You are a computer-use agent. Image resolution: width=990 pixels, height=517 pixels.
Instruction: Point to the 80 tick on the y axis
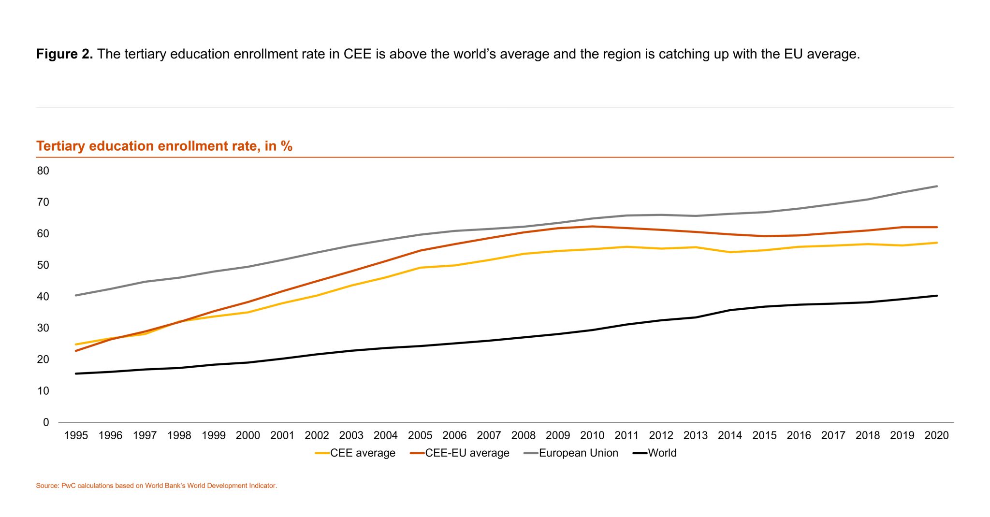(43, 171)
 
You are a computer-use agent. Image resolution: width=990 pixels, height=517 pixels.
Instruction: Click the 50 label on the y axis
(43, 265)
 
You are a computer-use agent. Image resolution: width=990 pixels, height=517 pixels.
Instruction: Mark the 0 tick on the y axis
(46, 422)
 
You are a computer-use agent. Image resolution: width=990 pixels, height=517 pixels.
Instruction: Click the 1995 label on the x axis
(76, 435)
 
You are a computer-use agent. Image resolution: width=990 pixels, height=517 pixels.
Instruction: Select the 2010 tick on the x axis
(592, 435)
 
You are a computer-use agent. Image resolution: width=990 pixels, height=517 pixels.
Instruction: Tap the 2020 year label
(936, 435)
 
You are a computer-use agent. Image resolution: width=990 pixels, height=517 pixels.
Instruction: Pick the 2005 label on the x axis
(420, 435)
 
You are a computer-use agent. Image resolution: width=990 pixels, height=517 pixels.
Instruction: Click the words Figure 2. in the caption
(64, 54)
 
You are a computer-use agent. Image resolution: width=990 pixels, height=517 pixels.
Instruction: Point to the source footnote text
(156, 486)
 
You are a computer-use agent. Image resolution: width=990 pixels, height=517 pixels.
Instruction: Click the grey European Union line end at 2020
(937, 186)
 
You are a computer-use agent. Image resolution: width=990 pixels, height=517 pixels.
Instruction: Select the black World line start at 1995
(76, 373)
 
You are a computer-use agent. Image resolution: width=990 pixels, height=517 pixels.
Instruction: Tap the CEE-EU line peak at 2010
(592, 226)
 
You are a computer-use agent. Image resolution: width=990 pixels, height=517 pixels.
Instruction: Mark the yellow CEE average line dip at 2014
(730, 252)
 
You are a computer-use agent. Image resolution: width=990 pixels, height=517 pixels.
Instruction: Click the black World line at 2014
(730, 310)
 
